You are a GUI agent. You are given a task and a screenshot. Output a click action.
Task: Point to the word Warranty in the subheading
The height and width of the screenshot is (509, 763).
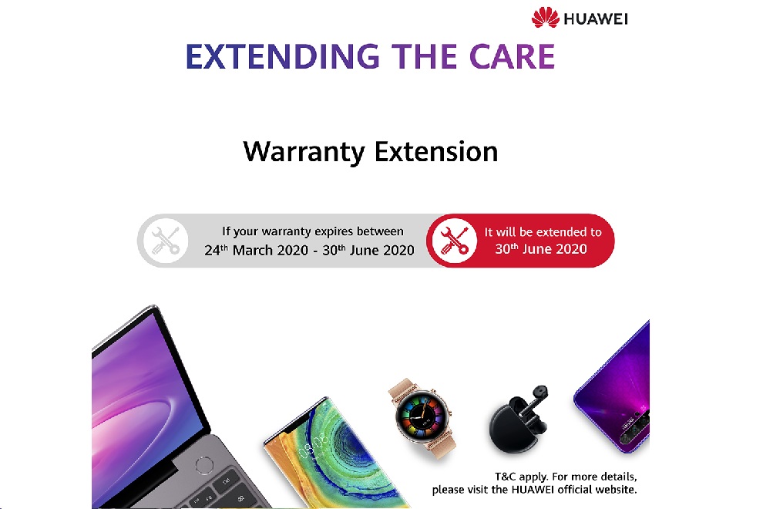pos(304,150)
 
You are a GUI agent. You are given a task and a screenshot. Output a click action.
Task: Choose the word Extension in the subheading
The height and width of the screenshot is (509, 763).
pos(436,150)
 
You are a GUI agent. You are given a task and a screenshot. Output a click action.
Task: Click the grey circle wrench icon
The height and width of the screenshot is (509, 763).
pos(165,240)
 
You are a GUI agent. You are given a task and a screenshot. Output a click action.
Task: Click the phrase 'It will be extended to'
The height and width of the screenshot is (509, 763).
pos(543,231)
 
